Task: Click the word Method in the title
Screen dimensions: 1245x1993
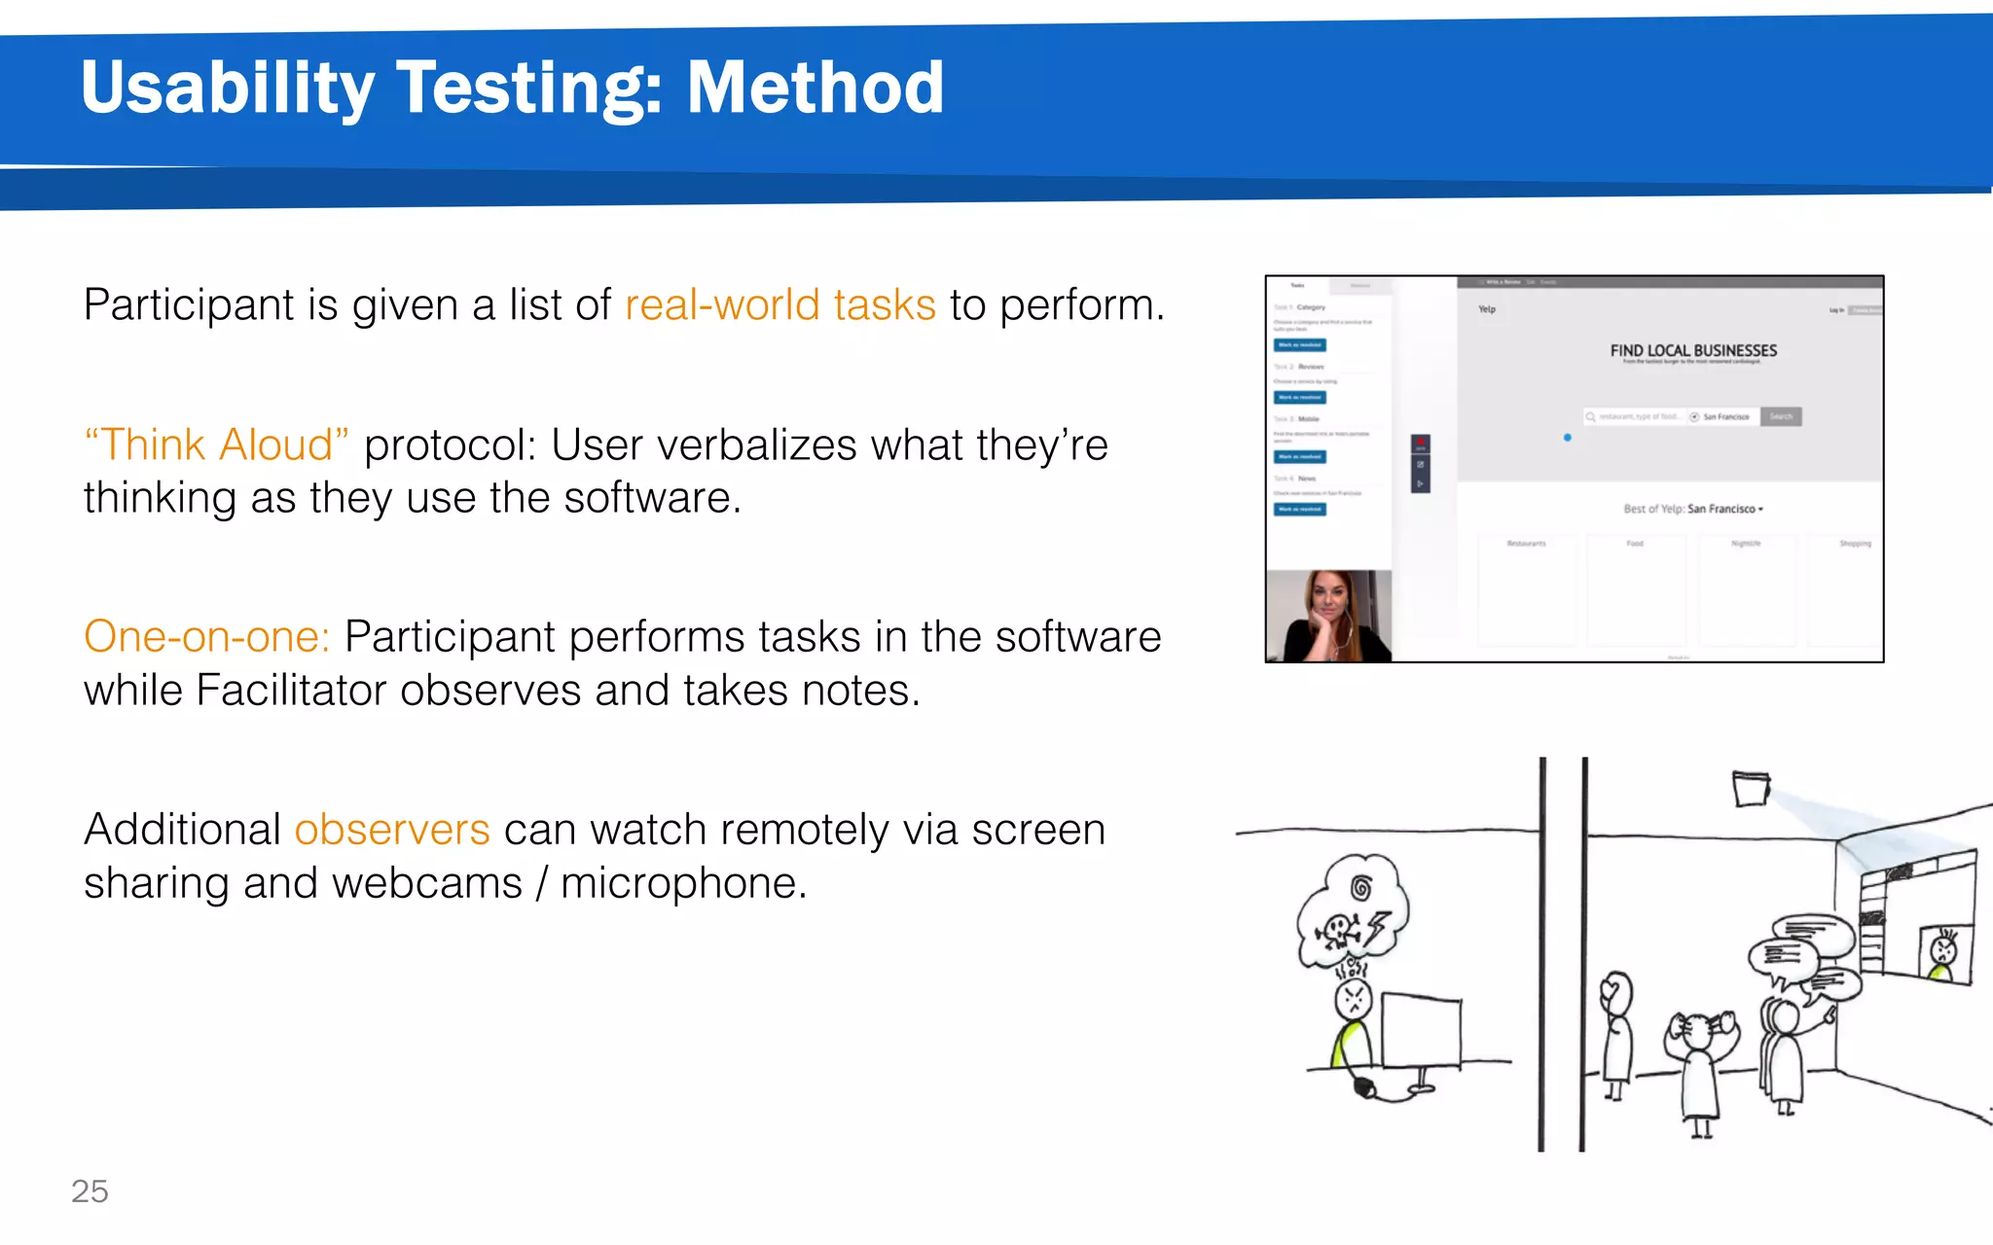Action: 815,88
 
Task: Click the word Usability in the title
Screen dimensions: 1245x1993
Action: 227,88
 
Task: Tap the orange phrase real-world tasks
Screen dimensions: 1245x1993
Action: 779,305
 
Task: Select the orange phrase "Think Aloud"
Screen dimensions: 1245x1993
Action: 216,445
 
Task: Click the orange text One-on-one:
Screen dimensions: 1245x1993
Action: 206,637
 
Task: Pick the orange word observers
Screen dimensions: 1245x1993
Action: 391,830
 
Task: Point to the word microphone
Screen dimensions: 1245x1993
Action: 683,883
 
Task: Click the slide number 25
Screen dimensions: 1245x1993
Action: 90,1192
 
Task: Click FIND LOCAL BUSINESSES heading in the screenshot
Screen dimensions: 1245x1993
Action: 1692,351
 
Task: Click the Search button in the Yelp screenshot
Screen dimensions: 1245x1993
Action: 1780,416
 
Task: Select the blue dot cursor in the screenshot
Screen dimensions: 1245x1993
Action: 1567,438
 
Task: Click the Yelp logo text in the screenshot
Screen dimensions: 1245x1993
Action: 1486,309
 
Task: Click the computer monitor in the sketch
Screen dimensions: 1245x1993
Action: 1421,1031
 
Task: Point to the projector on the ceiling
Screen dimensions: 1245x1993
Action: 1750,788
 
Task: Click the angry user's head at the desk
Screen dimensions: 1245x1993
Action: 1353,997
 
